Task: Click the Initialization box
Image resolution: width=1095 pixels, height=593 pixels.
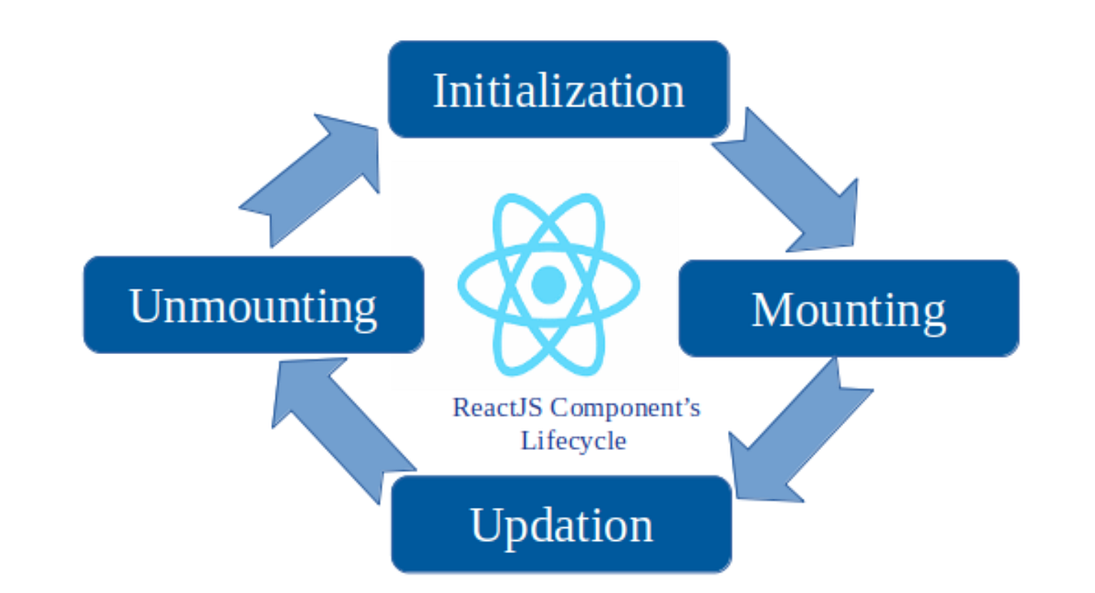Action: tap(558, 89)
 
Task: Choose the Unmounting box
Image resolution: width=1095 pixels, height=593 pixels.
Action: tap(254, 305)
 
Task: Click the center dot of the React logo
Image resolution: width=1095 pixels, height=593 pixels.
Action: tap(547, 284)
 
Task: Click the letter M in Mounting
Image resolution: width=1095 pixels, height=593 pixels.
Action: tap(771, 309)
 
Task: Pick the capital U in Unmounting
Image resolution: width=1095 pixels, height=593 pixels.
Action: tap(146, 305)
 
